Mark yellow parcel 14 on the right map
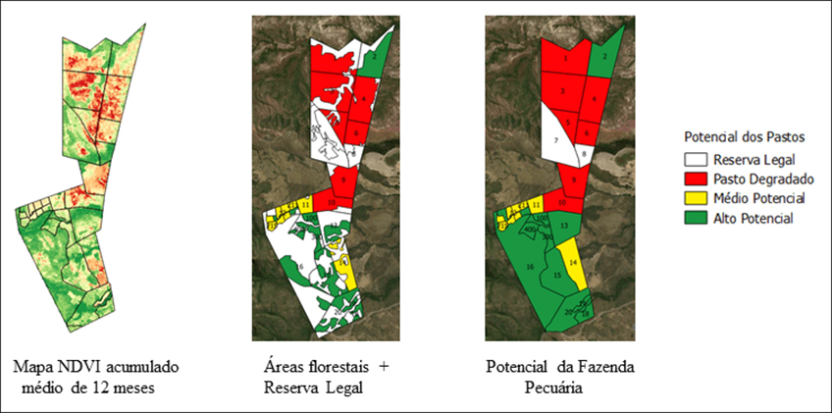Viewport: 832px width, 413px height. pos(573,264)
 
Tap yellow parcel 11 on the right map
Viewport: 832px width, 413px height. pos(525,205)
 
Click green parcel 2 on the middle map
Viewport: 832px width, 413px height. pos(377,57)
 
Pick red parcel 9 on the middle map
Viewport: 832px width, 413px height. pos(343,180)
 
